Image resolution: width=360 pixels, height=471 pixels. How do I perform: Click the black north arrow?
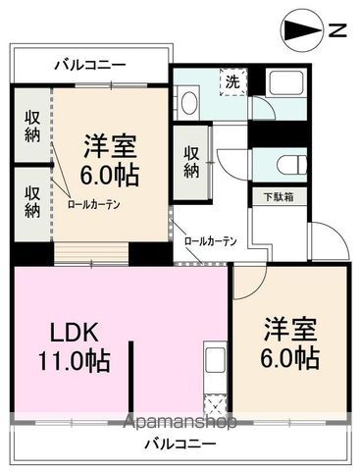[x=300, y=30]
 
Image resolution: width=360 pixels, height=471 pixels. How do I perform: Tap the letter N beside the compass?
[x=336, y=30]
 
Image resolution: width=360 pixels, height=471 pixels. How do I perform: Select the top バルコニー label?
[x=89, y=65]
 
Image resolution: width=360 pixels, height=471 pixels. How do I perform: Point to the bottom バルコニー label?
[x=176, y=444]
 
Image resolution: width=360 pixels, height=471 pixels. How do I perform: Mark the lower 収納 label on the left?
[x=31, y=201]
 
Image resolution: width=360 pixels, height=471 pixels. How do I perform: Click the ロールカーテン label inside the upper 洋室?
[x=93, y=205]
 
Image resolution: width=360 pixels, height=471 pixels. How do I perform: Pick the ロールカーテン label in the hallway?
[x=210, y=240]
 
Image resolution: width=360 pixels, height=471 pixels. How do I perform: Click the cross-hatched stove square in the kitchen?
[x=213, y=403]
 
